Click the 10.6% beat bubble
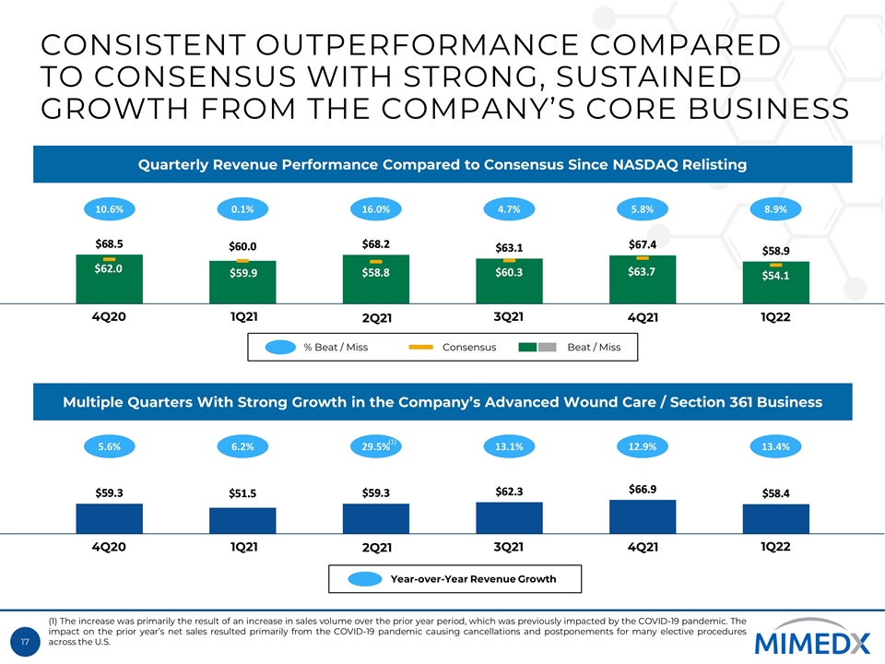tap(110, 209)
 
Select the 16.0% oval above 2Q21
tap(376, 209)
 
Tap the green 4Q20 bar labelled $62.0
tap(109, 279)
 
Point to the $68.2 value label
tap(376, 243)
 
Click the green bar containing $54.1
tap(776, 282)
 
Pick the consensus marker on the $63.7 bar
tap(643, 259)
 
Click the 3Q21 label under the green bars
tap(509, 316)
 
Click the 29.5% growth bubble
tap(376, 446)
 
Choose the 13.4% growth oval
tap(776, 446)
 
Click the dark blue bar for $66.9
tap(643, 516)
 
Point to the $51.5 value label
tap(242, 493)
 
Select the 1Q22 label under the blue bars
tap(776, 545)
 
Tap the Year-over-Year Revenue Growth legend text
tap(473, 579)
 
